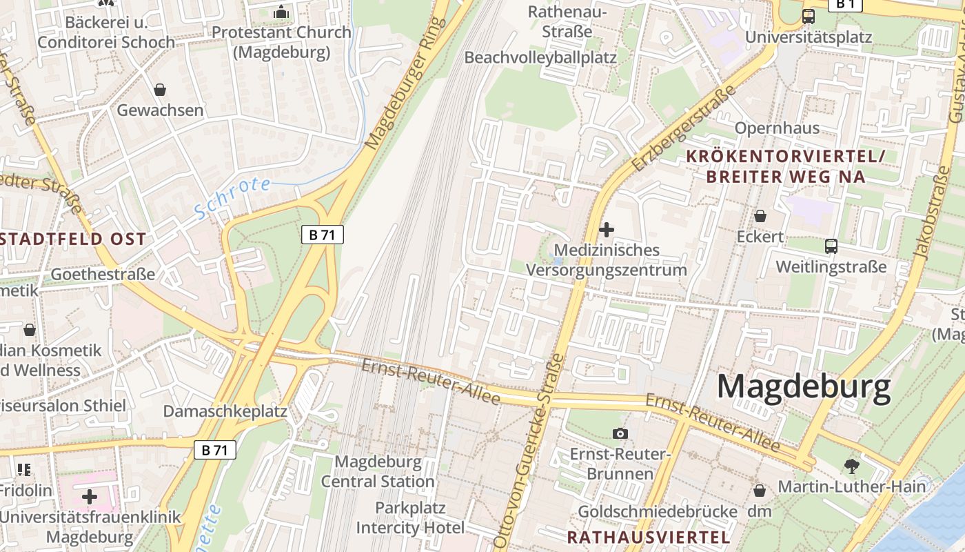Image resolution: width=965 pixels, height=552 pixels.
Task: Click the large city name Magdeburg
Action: [804, 388]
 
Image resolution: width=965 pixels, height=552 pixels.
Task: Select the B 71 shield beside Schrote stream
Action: [322, 235]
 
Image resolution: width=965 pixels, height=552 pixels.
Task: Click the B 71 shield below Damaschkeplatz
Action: [214, 451]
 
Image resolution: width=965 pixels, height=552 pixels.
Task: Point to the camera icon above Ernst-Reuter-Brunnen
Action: [620, 433]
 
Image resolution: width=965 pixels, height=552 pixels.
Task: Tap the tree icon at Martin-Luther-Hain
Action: [851, 466]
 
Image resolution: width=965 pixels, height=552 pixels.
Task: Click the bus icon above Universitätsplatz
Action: [809, 17]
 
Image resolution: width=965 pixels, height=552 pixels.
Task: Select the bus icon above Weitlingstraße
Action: [831, 246]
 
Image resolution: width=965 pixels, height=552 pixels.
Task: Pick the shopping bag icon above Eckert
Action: [760, 216]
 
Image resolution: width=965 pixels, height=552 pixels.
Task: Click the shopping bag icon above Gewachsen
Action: [160, 90]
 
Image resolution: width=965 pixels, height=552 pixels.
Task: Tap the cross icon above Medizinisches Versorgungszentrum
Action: [607, 229]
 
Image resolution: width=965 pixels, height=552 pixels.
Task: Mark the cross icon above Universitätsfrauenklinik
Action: [90, 497]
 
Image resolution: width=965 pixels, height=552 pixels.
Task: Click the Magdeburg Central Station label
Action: [378, 471]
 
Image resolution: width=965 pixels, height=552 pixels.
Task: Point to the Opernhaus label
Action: [777, 128]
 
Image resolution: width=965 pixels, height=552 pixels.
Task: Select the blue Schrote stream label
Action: [232, 197]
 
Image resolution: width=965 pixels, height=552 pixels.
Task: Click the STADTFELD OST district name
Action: [73, 239]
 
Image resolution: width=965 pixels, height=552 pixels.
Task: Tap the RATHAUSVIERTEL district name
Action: [648, 537]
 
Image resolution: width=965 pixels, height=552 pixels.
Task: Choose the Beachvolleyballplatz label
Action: [540, 57]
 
